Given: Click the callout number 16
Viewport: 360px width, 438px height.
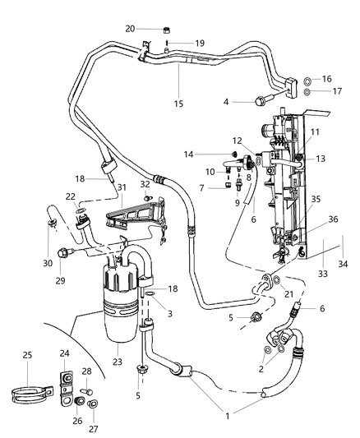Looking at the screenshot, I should (327, 79).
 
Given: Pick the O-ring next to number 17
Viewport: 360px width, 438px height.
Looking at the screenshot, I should (307, 92).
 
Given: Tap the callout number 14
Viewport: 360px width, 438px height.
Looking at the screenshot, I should (211, 154).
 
